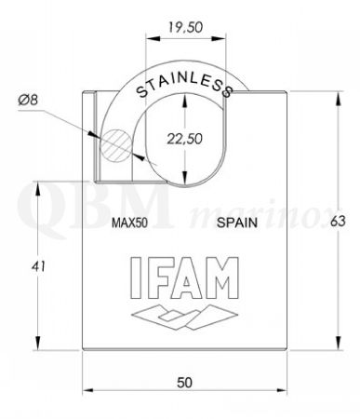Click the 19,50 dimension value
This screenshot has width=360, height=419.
185,27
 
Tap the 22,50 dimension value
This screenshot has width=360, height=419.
185,139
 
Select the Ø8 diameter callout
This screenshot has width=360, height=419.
28,101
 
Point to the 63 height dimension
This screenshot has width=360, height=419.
338,222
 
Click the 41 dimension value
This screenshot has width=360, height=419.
38,266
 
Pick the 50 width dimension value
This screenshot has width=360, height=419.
184,383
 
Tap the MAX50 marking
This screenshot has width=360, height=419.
129,223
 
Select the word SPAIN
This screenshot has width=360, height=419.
237,223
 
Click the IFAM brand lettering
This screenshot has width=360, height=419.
184,277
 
